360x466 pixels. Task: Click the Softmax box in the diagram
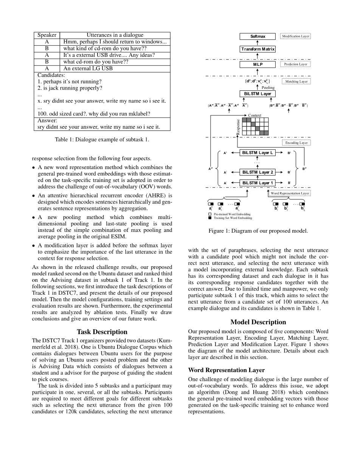coord(258,36)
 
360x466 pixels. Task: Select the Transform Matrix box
coord(258,49)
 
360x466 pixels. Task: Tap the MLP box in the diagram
coord(258,64)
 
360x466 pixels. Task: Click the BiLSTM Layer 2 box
coord(258,172)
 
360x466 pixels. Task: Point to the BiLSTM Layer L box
coord(258,153)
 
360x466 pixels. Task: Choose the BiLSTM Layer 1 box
coord(258,183)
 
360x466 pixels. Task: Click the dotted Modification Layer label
coord(295,36)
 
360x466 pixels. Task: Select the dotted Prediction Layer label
coord(295,64)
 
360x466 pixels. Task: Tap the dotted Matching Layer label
coord(297,81)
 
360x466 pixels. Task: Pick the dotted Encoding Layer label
coord(296,143)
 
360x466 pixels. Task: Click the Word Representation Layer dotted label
coord(290,193)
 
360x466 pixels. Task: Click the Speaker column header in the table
coord(47,35)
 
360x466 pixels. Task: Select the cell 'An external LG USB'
coord(88,68)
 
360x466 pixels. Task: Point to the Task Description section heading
coord(102,332)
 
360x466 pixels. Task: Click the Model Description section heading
coord(258,322)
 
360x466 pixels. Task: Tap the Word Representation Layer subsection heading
coord(226,370)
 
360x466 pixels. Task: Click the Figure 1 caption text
coord(258,231)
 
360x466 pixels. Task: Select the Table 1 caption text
coord(102,139)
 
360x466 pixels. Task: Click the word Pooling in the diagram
coord(268,87)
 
